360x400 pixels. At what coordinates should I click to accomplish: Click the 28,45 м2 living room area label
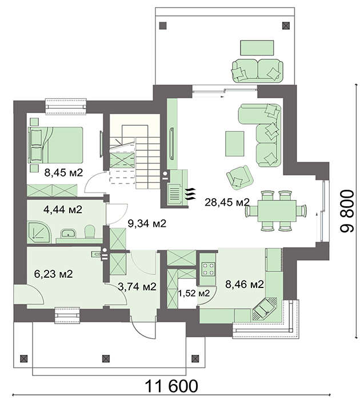pos(227,202)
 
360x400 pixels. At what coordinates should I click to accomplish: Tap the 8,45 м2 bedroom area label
pos(63,173)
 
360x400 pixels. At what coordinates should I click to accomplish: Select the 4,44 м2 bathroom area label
pos(63,210)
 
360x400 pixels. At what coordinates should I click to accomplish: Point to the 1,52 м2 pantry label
pos(194,293)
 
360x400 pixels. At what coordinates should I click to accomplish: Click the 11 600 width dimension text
pos(171,386)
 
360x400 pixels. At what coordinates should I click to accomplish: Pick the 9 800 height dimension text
pos(347,211)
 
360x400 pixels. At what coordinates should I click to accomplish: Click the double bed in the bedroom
pos(55,145)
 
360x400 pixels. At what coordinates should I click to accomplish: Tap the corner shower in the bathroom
pos(39,232)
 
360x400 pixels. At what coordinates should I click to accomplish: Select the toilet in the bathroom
pos(90,231)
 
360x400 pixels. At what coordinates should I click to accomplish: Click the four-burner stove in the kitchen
pos(208,269)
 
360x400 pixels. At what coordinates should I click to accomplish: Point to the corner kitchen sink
pos(265,309)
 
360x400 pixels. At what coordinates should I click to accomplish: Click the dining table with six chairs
pos(277,211)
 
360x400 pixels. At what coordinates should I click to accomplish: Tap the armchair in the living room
pos(239,177)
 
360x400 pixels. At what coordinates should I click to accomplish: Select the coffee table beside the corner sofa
pos(234,143)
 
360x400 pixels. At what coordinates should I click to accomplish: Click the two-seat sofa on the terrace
pos(257,70)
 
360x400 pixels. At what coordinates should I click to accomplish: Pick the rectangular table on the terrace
pos(257,47)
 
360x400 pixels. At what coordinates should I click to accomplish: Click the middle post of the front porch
pos(106,358)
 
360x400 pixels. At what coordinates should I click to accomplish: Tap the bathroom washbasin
pos(68,233)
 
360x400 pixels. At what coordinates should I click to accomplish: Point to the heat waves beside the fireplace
pos(191,194)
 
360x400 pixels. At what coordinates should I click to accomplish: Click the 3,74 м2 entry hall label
pos(137,287)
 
